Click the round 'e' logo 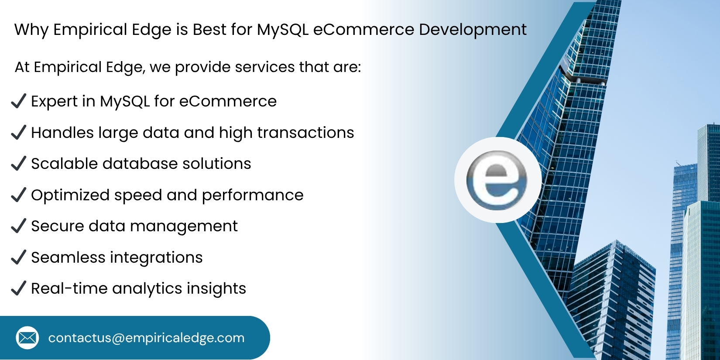(x=497, y=180)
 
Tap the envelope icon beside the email (x=27, y=338)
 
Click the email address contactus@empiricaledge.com (x=146, y=338)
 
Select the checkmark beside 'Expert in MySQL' (x=18, y=101)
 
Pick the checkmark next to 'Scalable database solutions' (x=18, y=164)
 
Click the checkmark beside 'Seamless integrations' (x=18, y=257)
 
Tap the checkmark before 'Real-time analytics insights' (x=18, y=288)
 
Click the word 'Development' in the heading (x=473, y=30)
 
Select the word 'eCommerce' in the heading (x=363, y=30)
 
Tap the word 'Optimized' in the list (x=70, y=195)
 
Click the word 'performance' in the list (x=253, y=195)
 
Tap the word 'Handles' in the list (x=62, y=133)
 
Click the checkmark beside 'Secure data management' (x=18, y=226)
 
